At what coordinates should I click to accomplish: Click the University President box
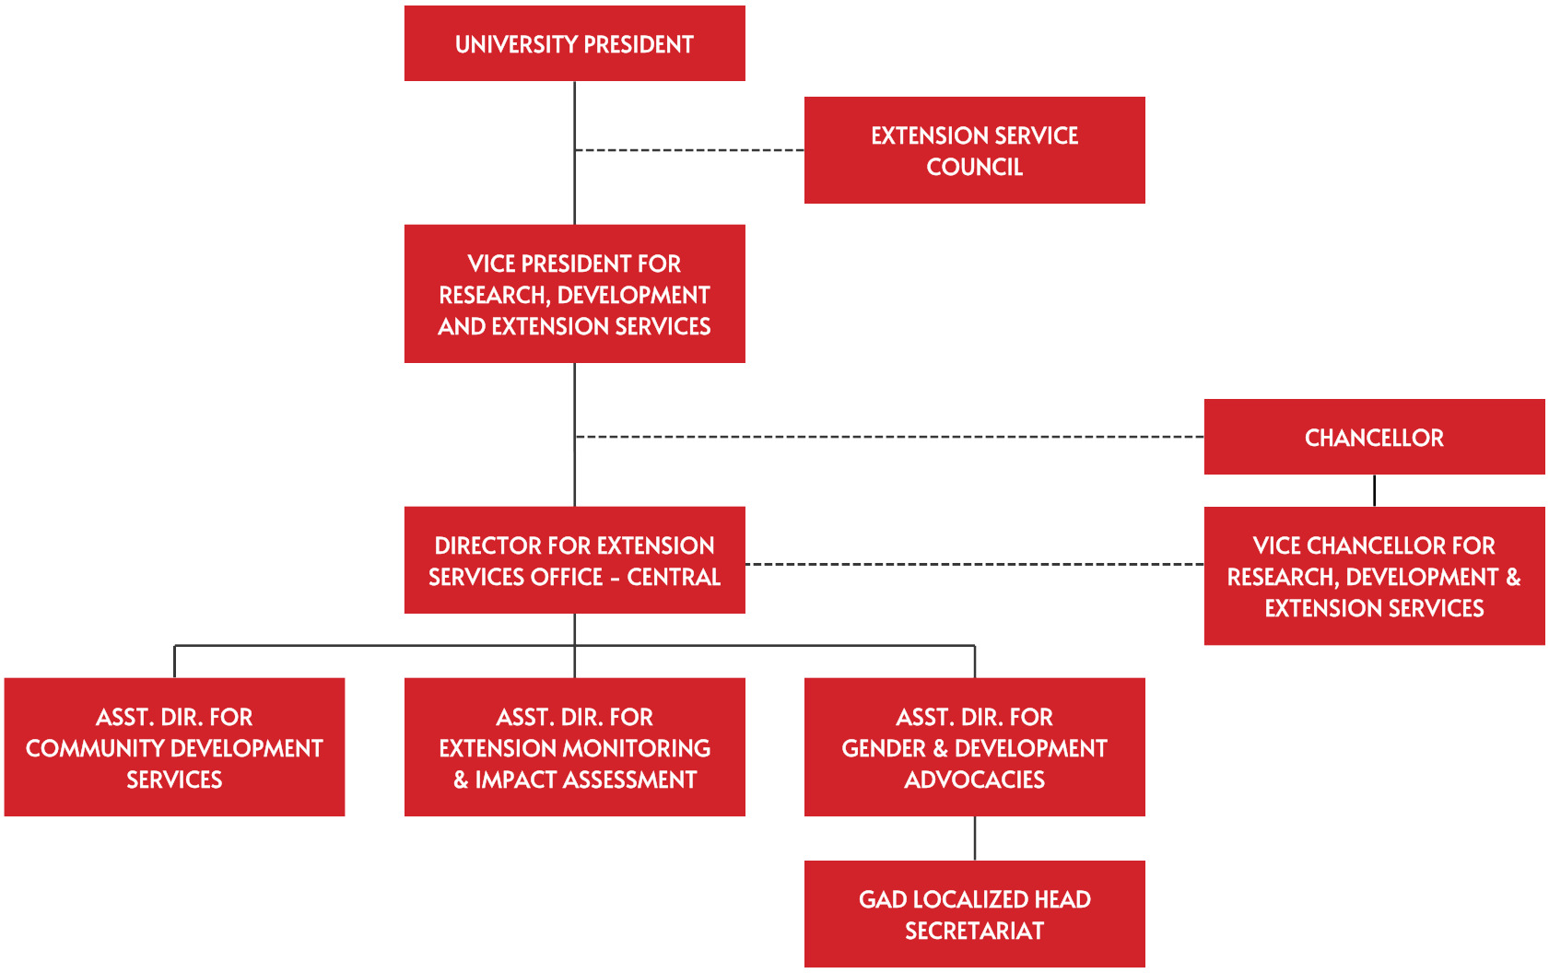click(x=574, y=43)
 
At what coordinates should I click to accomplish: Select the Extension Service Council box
click(x=974, y=150)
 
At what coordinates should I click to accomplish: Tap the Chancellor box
click(x=1373, y=437)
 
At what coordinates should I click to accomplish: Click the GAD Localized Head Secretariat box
click(x=974, y=914)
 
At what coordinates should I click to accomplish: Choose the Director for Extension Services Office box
click(x=574, y=560)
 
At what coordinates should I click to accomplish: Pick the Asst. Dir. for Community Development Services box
click(x=174, y=747)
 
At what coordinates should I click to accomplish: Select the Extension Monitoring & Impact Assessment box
click(x=574, y=747)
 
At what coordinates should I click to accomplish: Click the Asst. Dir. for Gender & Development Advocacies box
click(x=974, y=747)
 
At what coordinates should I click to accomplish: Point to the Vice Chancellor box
click(x=1373, y=576)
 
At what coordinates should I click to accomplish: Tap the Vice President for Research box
click(x=574, y=294)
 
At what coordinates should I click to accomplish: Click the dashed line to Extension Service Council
click(x=689, y=150)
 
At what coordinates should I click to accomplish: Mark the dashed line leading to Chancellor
click(x=889, y=437)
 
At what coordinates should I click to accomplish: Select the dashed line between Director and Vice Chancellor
click(x=974, y=564)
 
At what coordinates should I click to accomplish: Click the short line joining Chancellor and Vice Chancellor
click(x=1374, y=490)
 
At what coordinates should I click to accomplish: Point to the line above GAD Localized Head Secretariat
click(x=975, y=838)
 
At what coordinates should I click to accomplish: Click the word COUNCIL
click(x=974, y=167)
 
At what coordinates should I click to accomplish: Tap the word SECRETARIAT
click(x=974, y=931)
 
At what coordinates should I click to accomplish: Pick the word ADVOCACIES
click(x=974, y=780)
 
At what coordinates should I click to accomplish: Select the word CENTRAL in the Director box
click(x=674, y=577)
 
